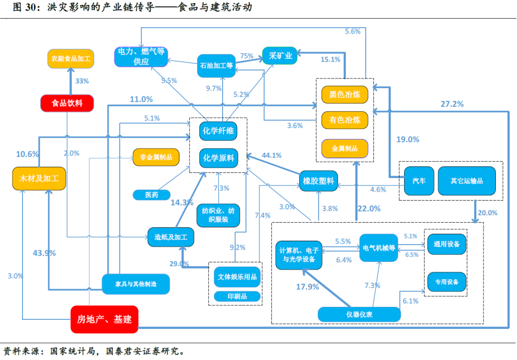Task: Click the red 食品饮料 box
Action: click(x=67, y=103)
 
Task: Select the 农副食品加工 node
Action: click(x=70, y=59)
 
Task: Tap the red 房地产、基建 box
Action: click(x=104, y=319)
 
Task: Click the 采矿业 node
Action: click(x=280, y=56)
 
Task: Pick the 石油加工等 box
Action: click(x=216, y=66)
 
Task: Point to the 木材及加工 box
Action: click(x=39, y=179)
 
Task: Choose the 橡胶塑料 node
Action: click(x=318, y=180)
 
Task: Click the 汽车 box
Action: click(x=419, y=180)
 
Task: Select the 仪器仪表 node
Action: click(x=359, y=314)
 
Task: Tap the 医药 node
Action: click(x=152, y=195)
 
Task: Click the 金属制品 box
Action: click(x=345, y=148)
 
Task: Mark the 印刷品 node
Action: click(x=237, y=296)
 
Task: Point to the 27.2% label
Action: click(x=452, y=104)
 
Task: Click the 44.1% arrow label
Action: click(x=272, y=155)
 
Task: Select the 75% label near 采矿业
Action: click(x=247, y=56)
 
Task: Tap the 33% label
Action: click(x=82, y=81)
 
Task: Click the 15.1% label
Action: click(x=330, y=59)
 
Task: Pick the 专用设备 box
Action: click(x=447, y=282)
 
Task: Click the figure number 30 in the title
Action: click(x=30, y=7)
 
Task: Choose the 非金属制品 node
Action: click(x=156, y=157)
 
